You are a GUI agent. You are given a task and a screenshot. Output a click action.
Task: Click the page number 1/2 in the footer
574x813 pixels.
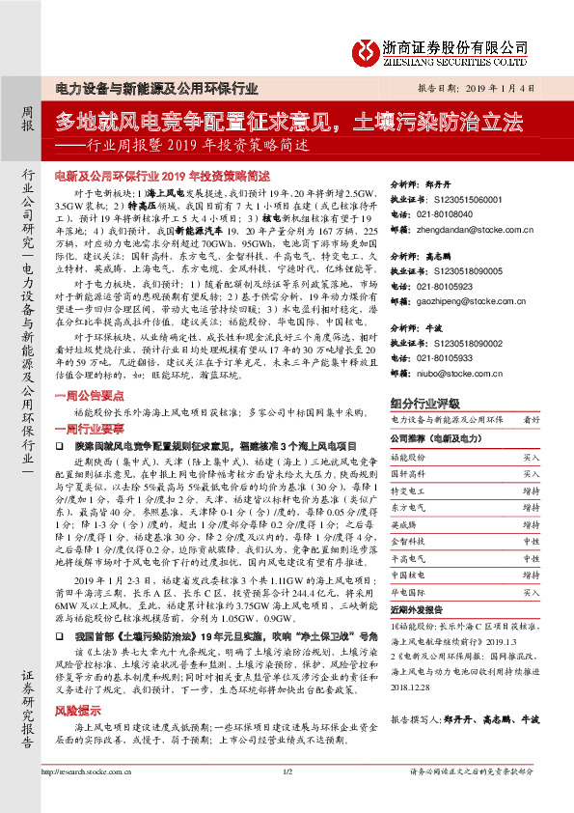[x=287, y=799]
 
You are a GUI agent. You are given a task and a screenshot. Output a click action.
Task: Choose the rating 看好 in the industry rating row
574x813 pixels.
[x=532, y=420]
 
